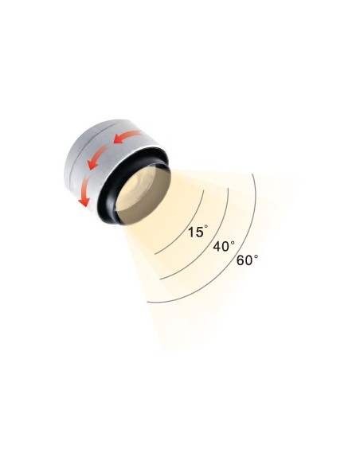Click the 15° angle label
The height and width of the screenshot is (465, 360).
click(x=198, y=232)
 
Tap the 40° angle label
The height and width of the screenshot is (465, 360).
click(x=224, y=246)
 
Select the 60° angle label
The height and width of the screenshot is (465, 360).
click(x=247, y=260)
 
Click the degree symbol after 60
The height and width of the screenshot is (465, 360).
click(x=256, y=255)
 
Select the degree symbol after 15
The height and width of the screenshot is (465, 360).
click(x=206, y=227)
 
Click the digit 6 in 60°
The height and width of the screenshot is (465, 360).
click(x=241, y=261)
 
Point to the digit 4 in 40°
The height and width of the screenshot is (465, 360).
click(x=217, y=247)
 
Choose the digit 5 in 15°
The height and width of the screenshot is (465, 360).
click(x=199, y=232)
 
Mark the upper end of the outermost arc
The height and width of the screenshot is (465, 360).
click(x=252, y=173)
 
